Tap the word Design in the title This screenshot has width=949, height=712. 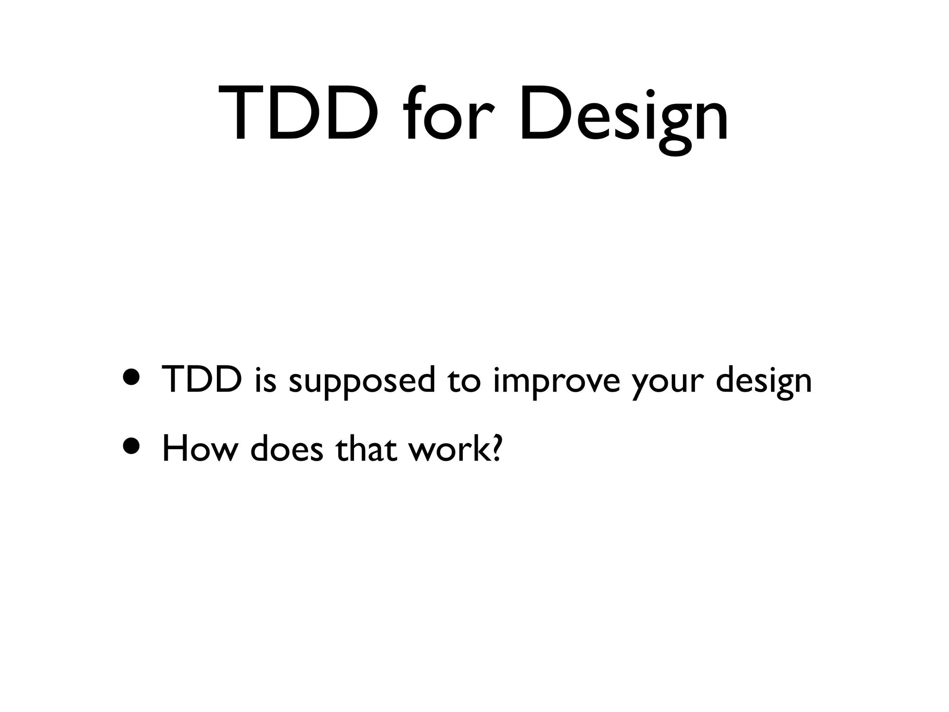pyautogui.click(x=624, y=116)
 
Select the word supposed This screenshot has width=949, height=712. pyautogui.click(x=362, y=381)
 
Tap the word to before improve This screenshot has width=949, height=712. pyautogui.click(x=464, y=380)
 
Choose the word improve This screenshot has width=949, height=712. pyautogui.click(x=556, y=381)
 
